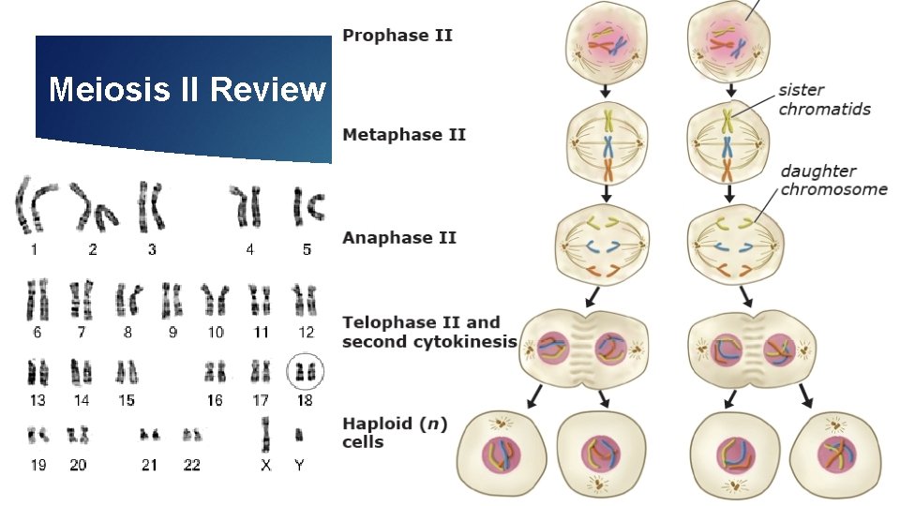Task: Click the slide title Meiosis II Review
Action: (187, 90)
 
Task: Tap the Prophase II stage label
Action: (397, 36)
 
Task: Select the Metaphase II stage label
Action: (404, 135)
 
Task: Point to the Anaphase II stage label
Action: (399, 237)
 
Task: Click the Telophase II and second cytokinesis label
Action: (428, 332)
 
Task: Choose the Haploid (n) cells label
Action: (395, 433)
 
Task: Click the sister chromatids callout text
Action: (824, 99)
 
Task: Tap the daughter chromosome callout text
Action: (833, 180)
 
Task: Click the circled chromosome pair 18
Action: (305, 372)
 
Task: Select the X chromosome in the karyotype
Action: (265, 434)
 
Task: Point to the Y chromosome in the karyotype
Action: (299, 435)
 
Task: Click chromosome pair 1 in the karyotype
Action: (35, 206)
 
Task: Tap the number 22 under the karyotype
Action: (192, 465)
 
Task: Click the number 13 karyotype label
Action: (37, 400)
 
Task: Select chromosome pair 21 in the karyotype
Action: (149, 435)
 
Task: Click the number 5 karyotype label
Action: (307, 249)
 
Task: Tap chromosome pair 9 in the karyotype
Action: (172, 300)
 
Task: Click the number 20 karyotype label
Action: (78, 465)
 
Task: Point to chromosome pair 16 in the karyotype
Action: (216, 373)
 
